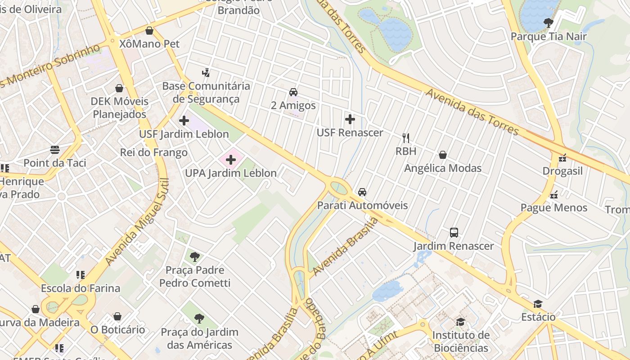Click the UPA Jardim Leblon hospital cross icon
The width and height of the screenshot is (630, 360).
pyautogui.click(x=230, y=160)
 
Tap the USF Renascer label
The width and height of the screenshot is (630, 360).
pyautogui.click(x=350, y=133)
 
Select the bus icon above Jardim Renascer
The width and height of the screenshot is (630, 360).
pyautogui.click(x=454, y=233)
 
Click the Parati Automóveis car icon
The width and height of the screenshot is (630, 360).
pyautogui.click(x=362, y=192)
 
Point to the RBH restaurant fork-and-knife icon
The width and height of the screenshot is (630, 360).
pyautogui.click(x=406, y=138)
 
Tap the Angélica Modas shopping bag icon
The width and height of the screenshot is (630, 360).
pyautogui.click(x=443, y=155)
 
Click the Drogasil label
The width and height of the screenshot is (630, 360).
pyautogui.click(x=562, y=171)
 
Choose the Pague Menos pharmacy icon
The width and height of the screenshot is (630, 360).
pyautogui.click(x=554, y=194)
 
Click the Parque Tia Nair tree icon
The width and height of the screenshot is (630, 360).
pyautogui.click(x=548, y=22)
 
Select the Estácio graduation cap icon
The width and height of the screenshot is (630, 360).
pyautogui.click(x=538, y=304)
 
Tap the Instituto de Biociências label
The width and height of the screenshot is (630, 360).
pyautogui.click(x=461, y=342)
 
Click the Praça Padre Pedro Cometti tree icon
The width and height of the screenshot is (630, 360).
pyautogui.click(x=194, y=257)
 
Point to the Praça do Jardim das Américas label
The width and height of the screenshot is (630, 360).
pyautogui.click(x=199, y=339)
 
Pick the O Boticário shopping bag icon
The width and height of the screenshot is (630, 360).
pyautogui.click(x=117, y=316)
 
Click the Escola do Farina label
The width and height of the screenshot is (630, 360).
pyautogui.click(x=81, y=288)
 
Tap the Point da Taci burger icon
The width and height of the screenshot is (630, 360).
pyautogui.click(x=55, y=149)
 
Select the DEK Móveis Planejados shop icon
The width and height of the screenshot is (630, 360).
pyautogui.click(x=119, y=88)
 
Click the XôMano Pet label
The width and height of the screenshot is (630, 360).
pyautogui.click(x=149, y=44)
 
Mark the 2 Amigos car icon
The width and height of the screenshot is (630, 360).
pyautogui.click(x=293, y=92)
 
